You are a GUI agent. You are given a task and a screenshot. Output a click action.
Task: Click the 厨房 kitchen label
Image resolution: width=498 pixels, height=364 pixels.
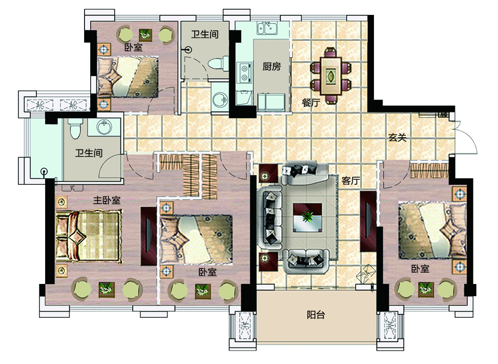272,67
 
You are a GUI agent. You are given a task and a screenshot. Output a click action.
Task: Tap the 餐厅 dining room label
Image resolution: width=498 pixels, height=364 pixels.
311,103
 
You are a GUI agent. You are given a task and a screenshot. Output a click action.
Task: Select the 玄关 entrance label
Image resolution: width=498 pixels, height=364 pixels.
397,138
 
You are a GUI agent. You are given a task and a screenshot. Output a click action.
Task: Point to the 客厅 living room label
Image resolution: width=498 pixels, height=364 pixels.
350,181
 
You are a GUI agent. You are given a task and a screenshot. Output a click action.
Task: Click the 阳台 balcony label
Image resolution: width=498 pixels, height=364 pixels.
316,315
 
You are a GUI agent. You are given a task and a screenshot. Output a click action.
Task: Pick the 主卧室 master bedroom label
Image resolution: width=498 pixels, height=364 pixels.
107,200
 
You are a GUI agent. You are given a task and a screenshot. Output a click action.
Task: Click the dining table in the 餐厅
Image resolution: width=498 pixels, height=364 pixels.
330,76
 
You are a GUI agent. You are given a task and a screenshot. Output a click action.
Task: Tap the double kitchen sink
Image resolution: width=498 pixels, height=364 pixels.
267,28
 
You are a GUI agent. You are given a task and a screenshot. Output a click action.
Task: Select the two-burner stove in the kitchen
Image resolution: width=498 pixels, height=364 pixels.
245,73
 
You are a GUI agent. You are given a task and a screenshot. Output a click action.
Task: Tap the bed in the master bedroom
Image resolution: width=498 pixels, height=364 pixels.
89,236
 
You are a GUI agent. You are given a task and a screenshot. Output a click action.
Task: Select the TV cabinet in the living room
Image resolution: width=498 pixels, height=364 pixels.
368,221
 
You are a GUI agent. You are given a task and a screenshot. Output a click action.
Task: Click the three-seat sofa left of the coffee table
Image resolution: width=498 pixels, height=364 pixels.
270,219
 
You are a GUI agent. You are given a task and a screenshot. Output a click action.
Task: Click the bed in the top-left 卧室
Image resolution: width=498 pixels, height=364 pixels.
128,76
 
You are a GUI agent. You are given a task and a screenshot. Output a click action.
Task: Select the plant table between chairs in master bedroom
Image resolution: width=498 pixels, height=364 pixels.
107,290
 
